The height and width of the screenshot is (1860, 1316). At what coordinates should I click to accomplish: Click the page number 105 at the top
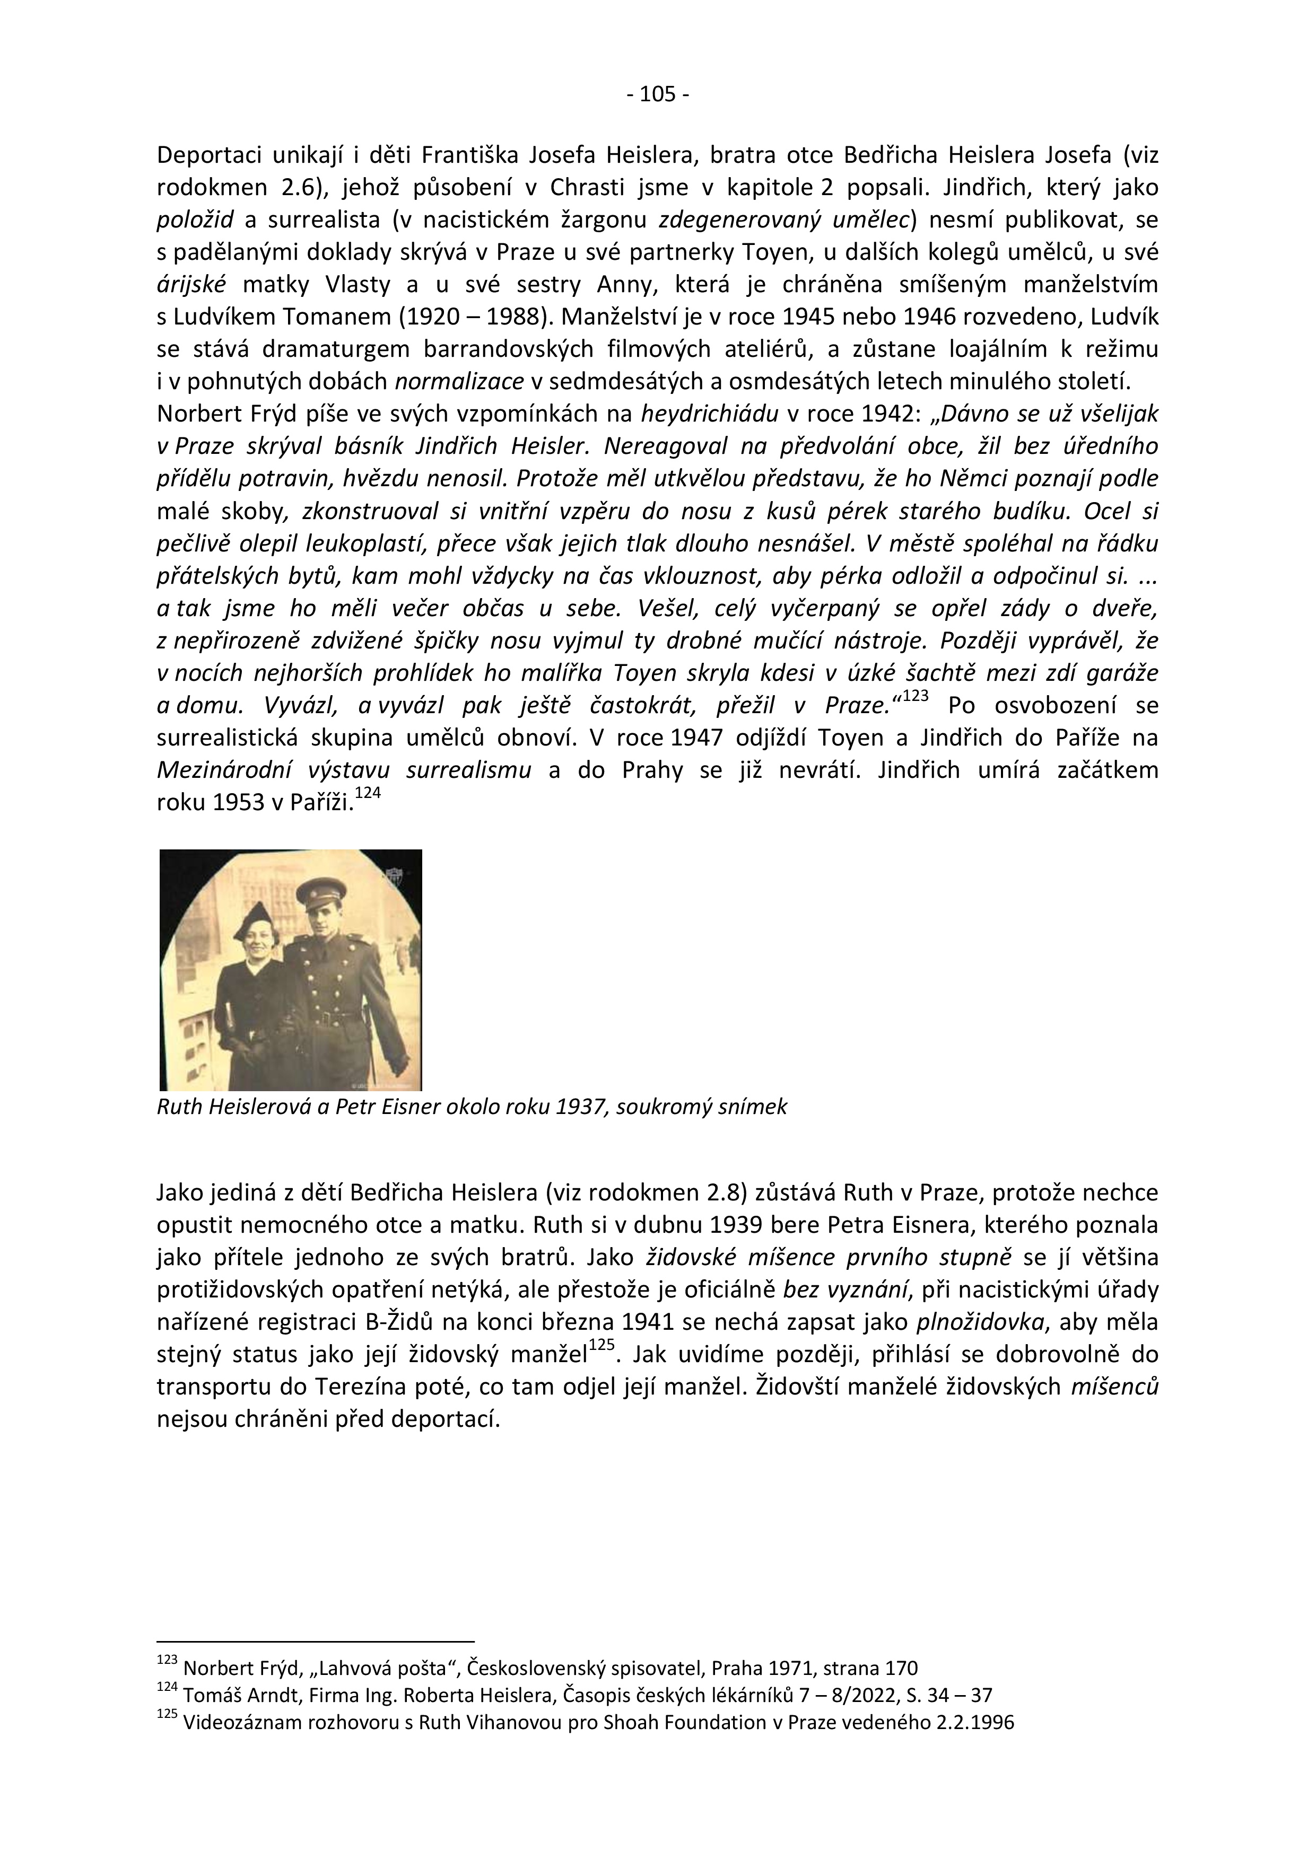[x=657, y=95]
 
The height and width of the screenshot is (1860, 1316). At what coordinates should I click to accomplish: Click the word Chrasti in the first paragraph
[x=584, y=187]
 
